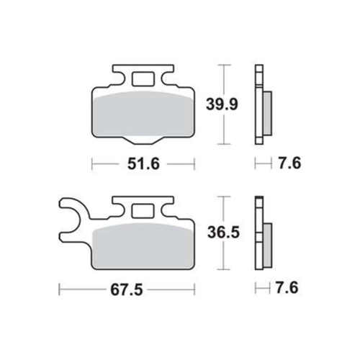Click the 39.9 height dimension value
click(x=222, y=104)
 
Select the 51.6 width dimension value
click(x=143, y=164)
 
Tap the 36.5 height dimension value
click(x=223, y=233)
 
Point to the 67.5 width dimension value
click(x=127, y=290)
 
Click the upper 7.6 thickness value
click(x=289, y=163)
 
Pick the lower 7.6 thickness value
click(x=287, y=287)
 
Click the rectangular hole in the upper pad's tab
click(x=143, y=79)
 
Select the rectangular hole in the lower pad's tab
click(x=143, y=211)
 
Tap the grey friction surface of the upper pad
click(x=143, y=114)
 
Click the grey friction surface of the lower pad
click(x=143, y=247)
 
